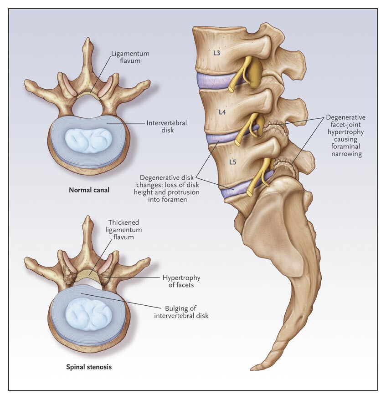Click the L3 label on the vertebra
216,53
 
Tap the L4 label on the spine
222,112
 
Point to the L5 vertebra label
232,162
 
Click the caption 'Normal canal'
89,190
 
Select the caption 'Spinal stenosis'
89,367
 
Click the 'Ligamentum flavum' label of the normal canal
130,57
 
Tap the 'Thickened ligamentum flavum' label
124,229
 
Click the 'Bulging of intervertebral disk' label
181,312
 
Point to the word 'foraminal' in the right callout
346,146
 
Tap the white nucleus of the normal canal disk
89,141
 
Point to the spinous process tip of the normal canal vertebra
88,38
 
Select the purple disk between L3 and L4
217,81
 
